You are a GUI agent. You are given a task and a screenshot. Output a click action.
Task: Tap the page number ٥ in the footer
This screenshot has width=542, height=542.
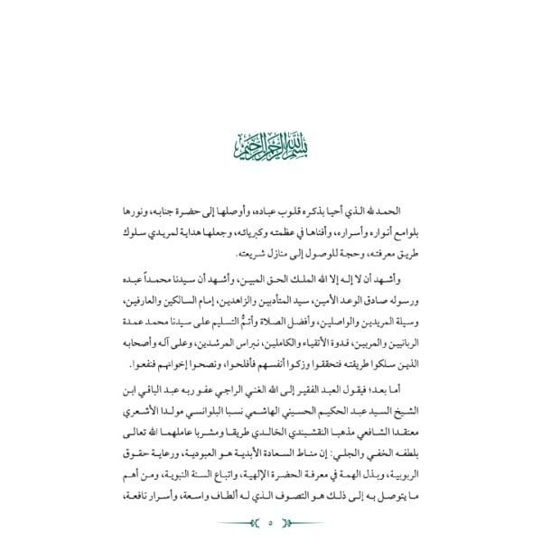271,521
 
